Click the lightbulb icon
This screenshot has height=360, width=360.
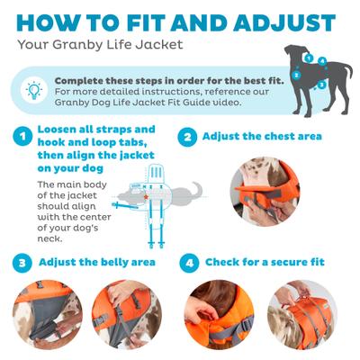pyautogui.click(x=33, y=89)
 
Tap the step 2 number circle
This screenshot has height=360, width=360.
pyautogui.click(x=187, y=137)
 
